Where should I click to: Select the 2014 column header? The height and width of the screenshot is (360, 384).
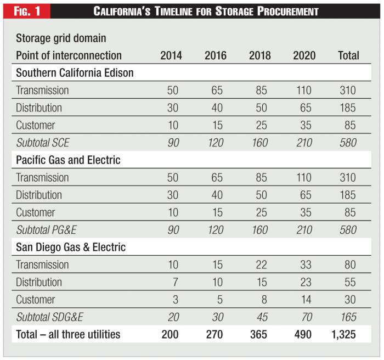click(172, 55)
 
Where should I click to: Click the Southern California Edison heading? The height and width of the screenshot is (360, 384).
click(75, 72)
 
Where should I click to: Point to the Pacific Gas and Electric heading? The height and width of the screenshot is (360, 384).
click(68, 160)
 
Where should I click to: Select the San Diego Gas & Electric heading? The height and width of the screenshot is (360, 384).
click(71, 248)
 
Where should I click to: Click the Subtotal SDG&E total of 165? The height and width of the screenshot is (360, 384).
click(348, 317)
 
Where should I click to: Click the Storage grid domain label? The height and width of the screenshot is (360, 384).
click(61, 38)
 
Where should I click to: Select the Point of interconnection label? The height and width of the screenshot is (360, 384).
click(69, 55)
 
